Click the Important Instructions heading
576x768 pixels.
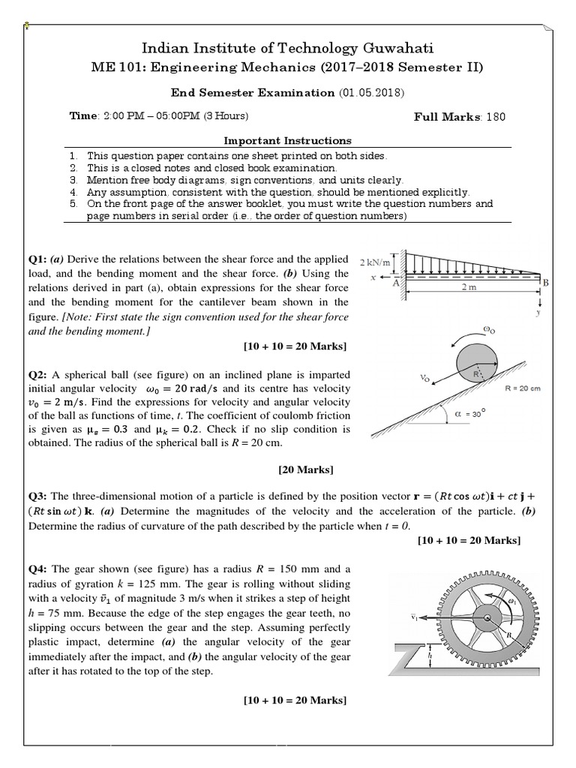(x=288, y=140)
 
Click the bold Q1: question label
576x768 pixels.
(x=39, y=259)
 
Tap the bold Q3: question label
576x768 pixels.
(x=39, y=496)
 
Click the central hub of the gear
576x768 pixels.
(x=487, y=618)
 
